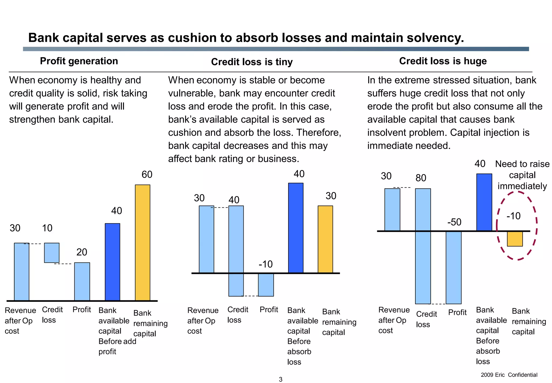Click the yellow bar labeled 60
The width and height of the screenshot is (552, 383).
(x=142, y=242)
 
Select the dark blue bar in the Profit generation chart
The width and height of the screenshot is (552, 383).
(x=112, y=262)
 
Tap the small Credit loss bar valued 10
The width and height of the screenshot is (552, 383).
(x=52, y=253)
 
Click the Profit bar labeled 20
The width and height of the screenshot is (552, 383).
(x=82, y=281)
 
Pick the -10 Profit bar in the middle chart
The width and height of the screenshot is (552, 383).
(x=266, y=285)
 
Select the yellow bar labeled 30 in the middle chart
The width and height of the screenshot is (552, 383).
(x=325, y=239)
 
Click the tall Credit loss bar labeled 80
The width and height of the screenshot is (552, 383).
(x=423, y=246)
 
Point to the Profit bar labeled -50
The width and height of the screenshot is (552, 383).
(x=453, y=267)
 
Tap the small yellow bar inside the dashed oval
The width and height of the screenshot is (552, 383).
(x=515, y=239)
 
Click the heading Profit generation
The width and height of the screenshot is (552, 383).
(x=79, y=61)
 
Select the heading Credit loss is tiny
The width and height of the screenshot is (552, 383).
(x=251, y=62)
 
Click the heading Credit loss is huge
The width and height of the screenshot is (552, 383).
(x=443, y=61)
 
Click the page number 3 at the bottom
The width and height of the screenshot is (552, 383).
(x=280, y=379)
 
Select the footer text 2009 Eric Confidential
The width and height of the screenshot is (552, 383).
(x=509, y=375)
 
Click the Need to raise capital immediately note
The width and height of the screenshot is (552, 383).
(x=522, y=175)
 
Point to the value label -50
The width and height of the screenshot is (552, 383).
(x=454, y=222)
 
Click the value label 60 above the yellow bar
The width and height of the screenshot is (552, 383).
(x=147, y=174)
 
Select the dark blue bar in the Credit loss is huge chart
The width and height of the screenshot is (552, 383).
(x=484, y=202)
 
